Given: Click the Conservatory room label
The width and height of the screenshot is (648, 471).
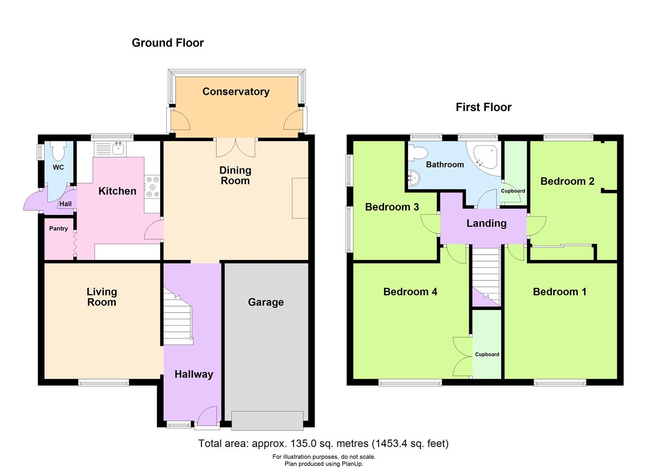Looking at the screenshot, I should point(236,92).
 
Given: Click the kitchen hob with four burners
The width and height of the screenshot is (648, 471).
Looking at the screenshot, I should point(152,186).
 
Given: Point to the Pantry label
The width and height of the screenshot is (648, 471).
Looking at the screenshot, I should point(58,229).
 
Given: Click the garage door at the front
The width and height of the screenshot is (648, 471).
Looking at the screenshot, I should point(267,420).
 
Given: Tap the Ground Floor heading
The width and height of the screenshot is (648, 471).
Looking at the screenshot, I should point(168,43).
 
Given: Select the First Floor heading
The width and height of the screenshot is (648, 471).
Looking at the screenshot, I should point(483,107).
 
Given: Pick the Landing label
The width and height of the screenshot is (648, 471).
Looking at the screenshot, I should point(486,223).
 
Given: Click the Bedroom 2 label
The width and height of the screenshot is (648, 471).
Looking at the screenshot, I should point(567,181).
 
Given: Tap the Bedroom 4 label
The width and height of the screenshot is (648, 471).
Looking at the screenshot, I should point(410,292).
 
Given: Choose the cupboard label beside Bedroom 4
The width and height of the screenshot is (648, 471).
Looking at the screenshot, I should point(487,355).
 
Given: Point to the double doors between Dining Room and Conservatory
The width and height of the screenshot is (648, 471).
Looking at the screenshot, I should point(236,147).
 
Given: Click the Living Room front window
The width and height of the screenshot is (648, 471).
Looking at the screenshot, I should point(103,383).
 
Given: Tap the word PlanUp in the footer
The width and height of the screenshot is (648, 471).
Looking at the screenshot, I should point(350,464).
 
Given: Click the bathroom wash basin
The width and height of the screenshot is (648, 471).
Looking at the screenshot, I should point(413,178).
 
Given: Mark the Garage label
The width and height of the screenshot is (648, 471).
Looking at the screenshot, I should point(266,302).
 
